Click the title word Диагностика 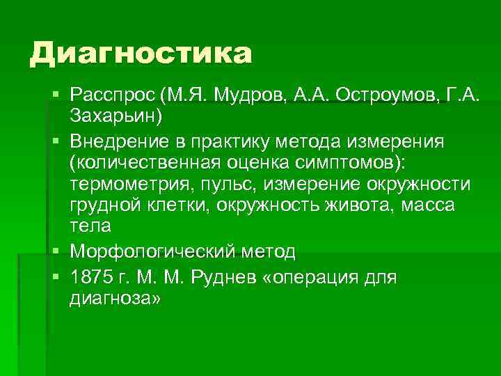[x=140, y=54]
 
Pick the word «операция [x=321, y=277]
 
